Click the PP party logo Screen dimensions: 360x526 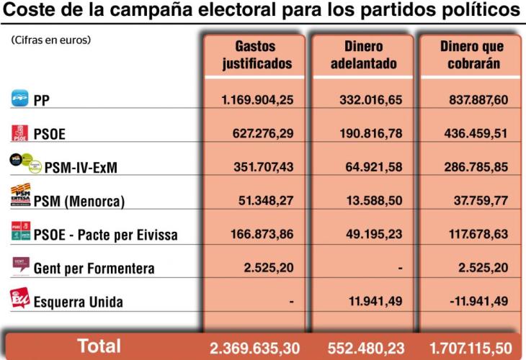pos(19,99)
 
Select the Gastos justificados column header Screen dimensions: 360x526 pos(257,55)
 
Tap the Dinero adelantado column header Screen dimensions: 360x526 pos(364,55)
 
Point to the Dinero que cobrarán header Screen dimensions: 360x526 pos(471,55)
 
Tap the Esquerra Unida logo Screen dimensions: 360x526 pos(19,297)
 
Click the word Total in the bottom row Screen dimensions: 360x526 pos(99,346)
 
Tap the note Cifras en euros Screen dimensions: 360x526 pos(50,40)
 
